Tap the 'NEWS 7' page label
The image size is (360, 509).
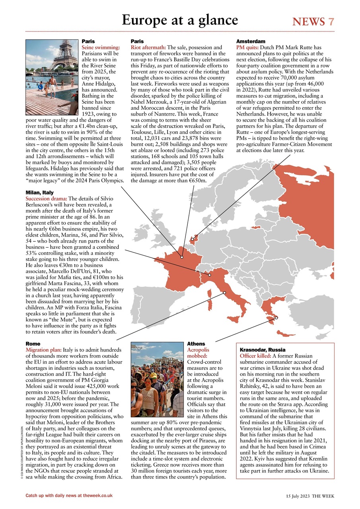tap(313, 21)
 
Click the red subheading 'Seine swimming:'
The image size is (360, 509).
tap(101, 47)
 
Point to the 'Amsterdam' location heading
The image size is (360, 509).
tap(251, 41)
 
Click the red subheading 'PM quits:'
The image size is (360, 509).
tap(247, 47)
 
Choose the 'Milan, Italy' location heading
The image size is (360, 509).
tap(39, 192)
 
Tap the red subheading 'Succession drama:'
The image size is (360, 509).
tap(47, 198)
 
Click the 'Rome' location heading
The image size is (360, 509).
tap(33, 343)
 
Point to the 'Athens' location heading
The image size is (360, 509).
tap(196, 344)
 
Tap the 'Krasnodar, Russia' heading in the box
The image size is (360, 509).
tap(262, 350)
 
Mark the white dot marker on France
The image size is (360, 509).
tap(182, 257)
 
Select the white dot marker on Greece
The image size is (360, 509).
tap(276, 317)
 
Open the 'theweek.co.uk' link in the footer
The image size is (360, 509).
tap(95, 495)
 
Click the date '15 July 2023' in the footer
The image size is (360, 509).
tap(298, 496)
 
